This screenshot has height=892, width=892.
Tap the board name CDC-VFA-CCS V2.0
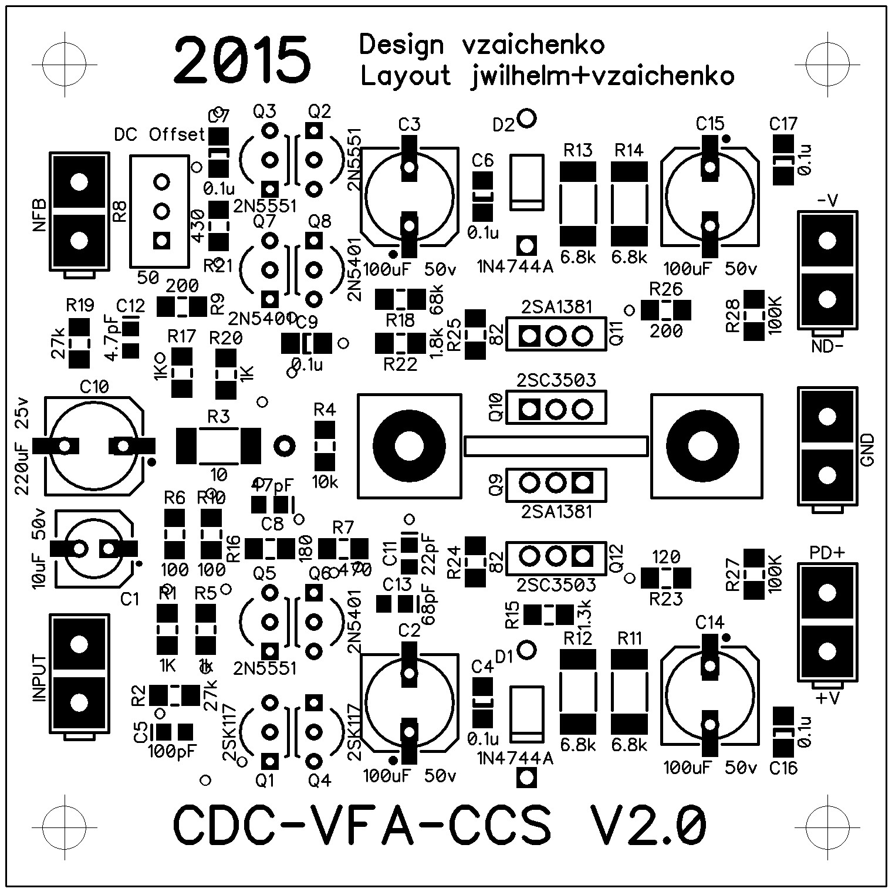tap(440, 826)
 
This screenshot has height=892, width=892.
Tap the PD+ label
tap(827, 553)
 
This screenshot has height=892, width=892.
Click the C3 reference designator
tap(409, 124)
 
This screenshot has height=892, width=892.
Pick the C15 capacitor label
tap(710, 124)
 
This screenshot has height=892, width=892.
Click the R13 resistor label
tap(577, 151)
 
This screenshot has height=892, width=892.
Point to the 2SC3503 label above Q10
tap(556, 380)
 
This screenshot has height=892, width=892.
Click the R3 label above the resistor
tap(218, 417)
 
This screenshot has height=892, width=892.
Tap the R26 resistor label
tap(665, 289)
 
